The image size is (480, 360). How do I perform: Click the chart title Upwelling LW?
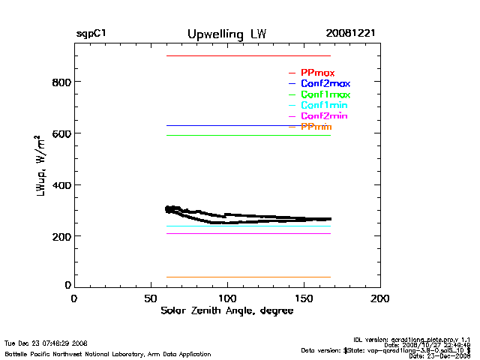click(226, 34)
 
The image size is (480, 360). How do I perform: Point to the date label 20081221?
click(351, 34)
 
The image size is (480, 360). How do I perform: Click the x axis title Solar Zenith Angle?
click(226, 310)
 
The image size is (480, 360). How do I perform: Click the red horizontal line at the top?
click(247, 56)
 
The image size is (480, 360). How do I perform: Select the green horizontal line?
click(247, 135)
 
